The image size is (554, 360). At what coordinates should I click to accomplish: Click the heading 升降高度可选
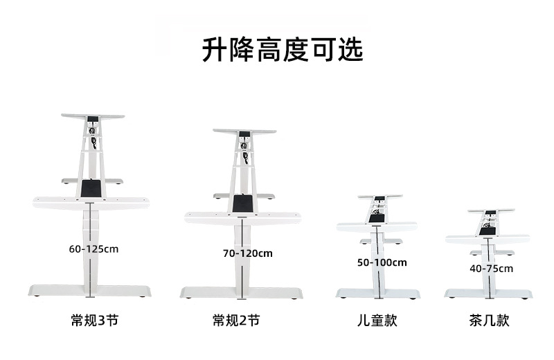[x=283, y=50]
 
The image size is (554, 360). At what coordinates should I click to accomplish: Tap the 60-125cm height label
[x=93, y=249]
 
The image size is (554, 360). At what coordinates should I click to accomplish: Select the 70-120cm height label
[x=247, y=253]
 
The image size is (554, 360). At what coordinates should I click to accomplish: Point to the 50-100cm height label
[x=382, y=262]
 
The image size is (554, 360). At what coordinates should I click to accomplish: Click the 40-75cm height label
[x=491, y=269]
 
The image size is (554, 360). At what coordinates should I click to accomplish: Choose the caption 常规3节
[x=89, y=321]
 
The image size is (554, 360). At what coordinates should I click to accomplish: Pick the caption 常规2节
[x=236, y=321]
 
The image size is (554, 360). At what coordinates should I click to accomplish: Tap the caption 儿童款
[x=377, y=321]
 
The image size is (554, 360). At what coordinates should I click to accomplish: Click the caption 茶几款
[x=489, y=321]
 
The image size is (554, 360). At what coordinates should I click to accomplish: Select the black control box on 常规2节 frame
[x=242, y=204]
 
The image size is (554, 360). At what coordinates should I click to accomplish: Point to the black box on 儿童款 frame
[x=376, y=218]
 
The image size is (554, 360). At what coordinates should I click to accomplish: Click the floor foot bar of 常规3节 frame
[x=90, y=291]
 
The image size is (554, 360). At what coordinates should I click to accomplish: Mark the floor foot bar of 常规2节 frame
[x=241, y=293]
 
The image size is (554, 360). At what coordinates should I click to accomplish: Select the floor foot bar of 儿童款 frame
[x=377, y=294]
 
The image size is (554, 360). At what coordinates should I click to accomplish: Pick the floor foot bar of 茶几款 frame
[x=488, y=294]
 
